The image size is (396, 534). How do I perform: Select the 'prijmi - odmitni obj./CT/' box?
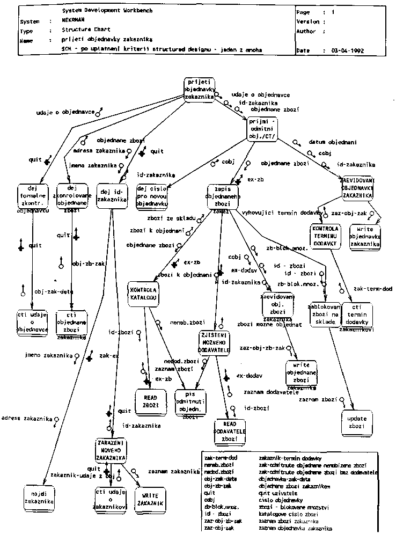click(263, 129)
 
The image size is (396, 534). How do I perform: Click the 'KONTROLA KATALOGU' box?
click(143, 294)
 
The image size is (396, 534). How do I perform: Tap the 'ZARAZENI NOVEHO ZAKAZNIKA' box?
click(111, 450)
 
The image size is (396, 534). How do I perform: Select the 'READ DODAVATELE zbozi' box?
click(230, 431)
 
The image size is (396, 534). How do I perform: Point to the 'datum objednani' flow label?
click(329, 143)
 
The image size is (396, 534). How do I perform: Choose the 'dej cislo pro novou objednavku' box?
click(153, 196)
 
